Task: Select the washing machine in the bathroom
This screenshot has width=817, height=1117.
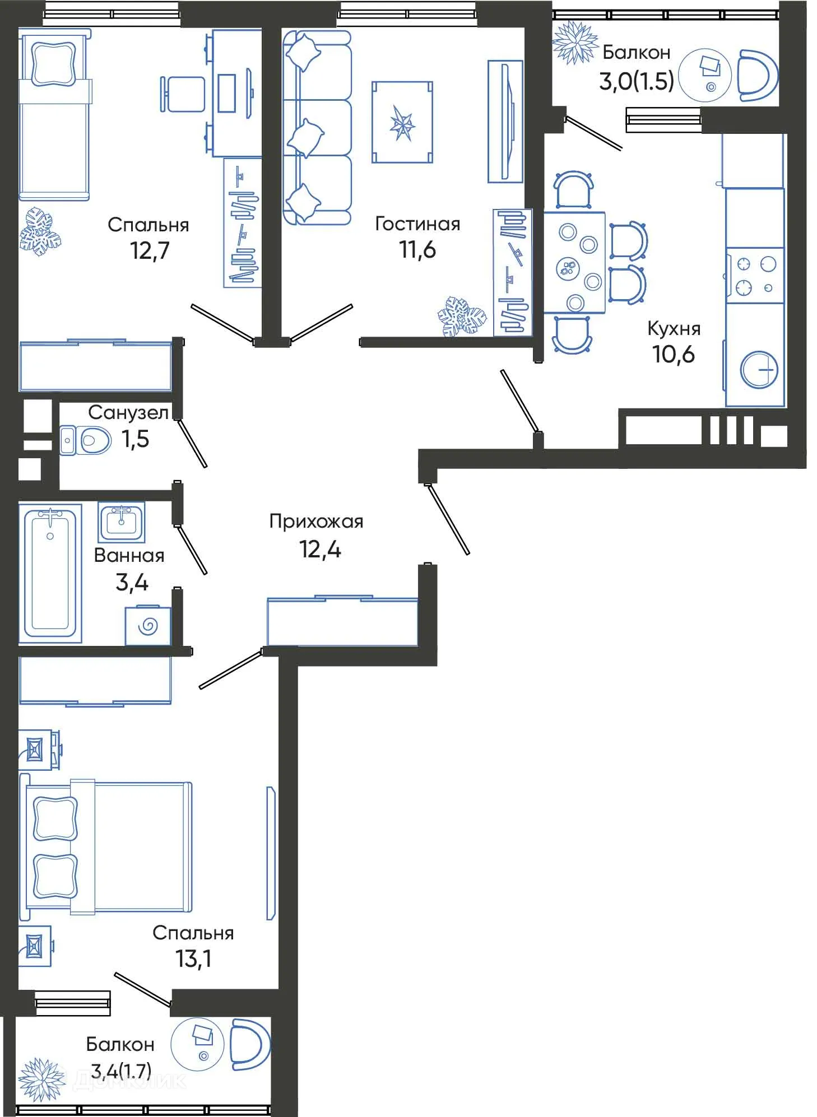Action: [147, 626]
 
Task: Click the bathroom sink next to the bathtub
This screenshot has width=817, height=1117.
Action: [121, 522]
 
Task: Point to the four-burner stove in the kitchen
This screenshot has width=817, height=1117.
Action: [755, 275]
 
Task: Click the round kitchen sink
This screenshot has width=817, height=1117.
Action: [759, 370]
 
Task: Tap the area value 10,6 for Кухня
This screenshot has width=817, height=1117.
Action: [673, 354]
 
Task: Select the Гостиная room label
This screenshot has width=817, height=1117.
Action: [417, 224]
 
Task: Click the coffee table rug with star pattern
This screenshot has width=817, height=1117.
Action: [402, 123]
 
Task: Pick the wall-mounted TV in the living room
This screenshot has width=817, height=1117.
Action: [505, 122]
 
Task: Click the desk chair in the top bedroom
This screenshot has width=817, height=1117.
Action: [183, 94]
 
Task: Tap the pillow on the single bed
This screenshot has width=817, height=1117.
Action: [53, 64]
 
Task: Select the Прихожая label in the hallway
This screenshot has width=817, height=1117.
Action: [316, 522]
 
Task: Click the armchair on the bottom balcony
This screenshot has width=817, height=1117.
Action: [249, 1043]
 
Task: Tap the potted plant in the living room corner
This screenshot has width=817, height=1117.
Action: [461, 317]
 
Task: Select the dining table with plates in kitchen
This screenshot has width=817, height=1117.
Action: [574, 262]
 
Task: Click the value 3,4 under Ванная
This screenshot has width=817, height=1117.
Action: [132, 583]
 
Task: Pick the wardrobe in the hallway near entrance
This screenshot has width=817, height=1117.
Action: [342, 621]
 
